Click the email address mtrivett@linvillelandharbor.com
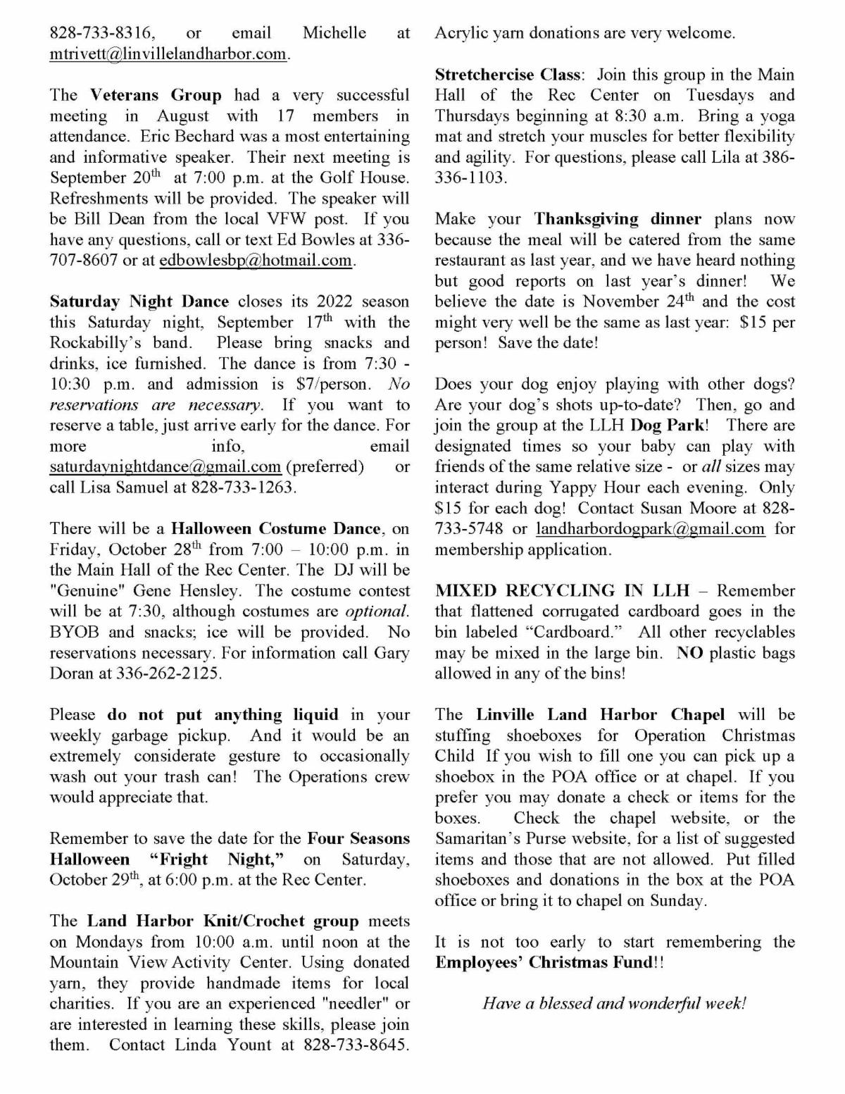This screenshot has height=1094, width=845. click(x=168, y=54)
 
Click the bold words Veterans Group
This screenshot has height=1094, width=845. click(x=156, y=95)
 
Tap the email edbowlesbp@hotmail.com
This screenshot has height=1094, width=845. click(x=255, y=260)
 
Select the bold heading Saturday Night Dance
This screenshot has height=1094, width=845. click(x=139, y=302)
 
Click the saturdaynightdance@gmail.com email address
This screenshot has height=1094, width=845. click(x=165, y=466)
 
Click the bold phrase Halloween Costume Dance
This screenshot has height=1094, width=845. click(x=276, y=528)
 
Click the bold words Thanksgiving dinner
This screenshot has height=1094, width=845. click(x=617, y=219)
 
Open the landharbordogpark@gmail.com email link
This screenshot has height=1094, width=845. click(x=650, y=528)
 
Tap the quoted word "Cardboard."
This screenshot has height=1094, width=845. click(x=576, y=632)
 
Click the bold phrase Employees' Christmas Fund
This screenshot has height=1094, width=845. click(x=544, y=962)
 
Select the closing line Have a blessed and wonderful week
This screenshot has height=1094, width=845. click(x=614, y=1003)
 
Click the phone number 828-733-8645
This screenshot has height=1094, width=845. click(x=355, y=1045)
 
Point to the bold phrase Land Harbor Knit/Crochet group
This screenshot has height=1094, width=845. click(x=223, y=921)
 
